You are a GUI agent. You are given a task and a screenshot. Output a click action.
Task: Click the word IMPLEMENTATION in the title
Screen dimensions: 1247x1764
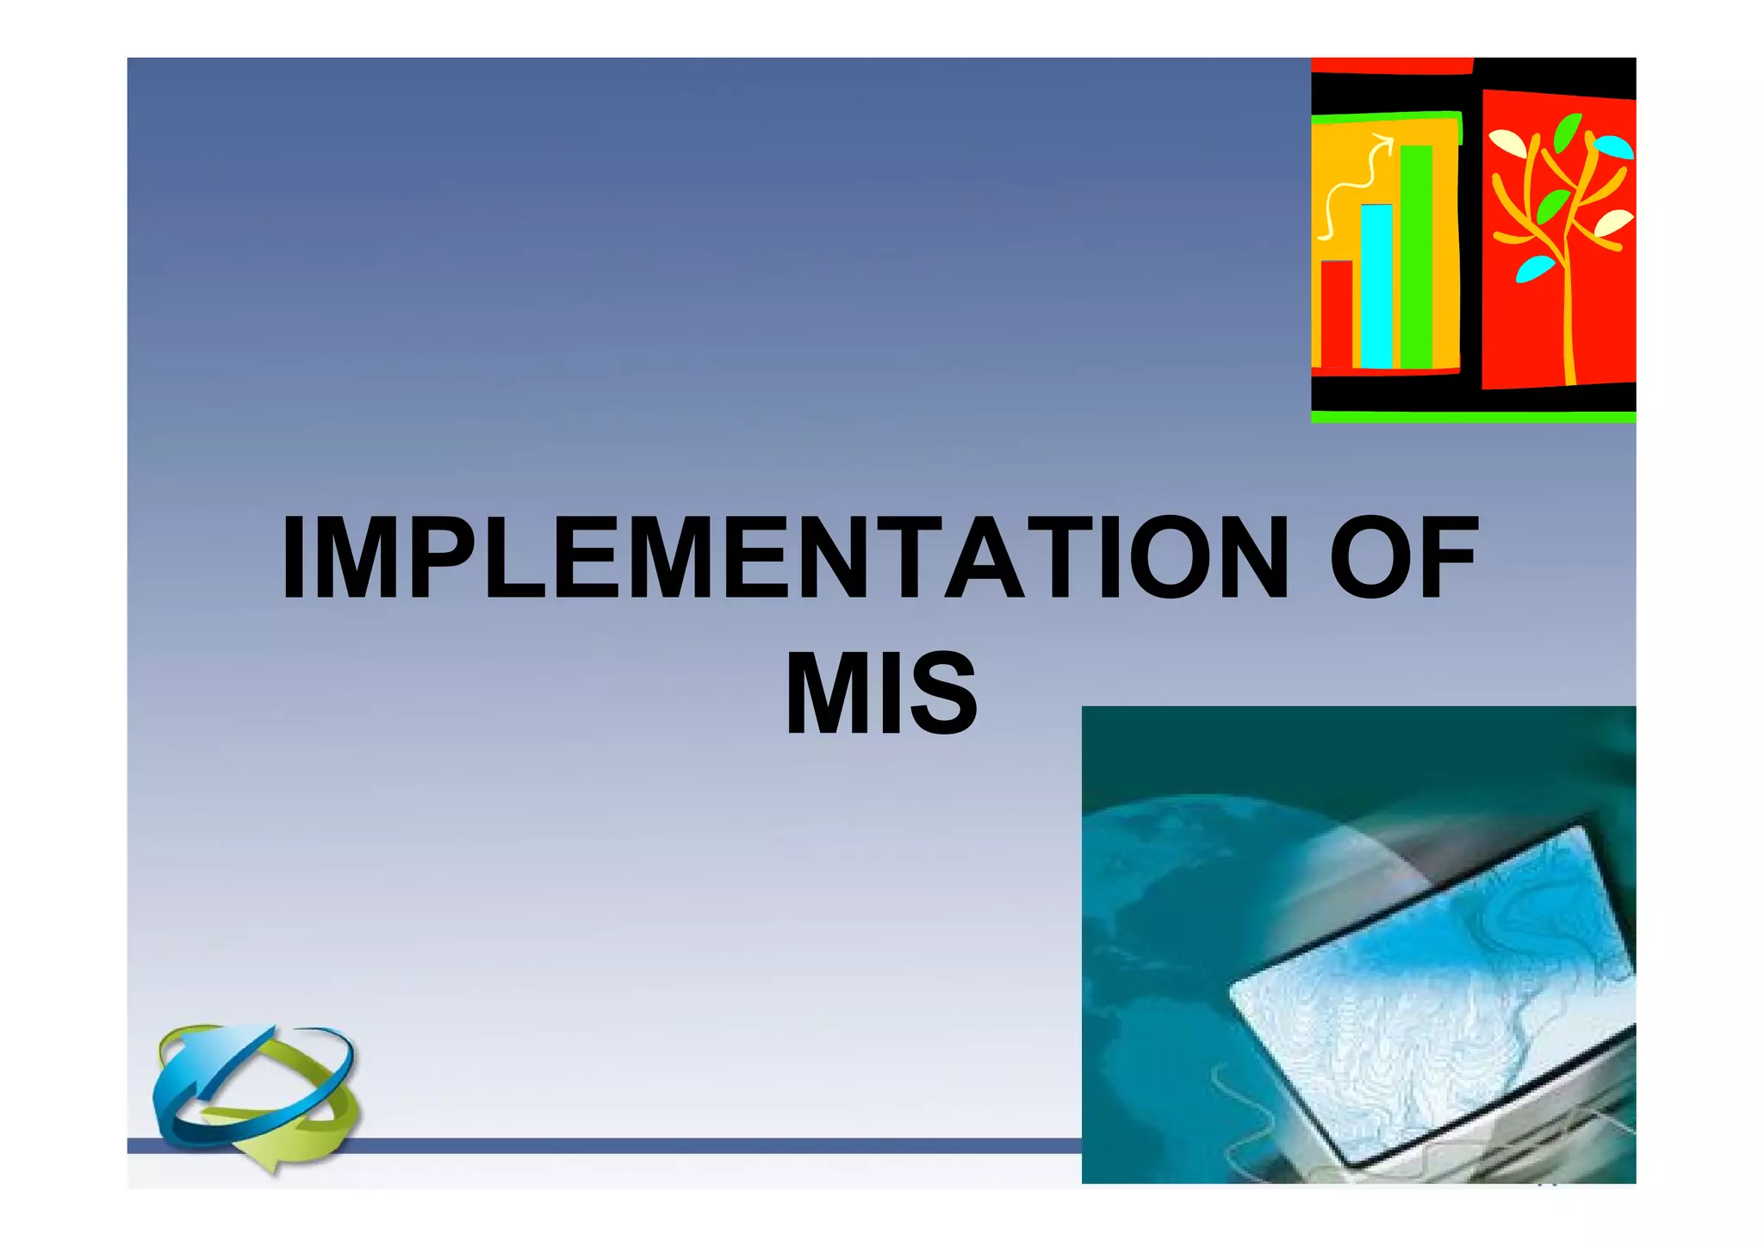pyautogui.click(x=784, y=558)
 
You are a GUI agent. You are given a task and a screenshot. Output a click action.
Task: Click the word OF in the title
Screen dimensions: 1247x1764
pyautogui.click(x=1403, y=558)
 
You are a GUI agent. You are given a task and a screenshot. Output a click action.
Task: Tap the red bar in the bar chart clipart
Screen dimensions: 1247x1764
pyautogui.click(x=1337, y=314)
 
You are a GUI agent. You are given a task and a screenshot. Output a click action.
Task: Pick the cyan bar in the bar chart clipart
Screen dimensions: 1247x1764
pyautogui.click(x=1376, y=287)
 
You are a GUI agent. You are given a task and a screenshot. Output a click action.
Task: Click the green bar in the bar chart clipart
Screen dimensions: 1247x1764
pyautogui.click(x=1416, y=257)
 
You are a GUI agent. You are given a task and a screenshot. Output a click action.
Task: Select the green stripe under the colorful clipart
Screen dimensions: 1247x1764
pyautogui.click(x=1473, y=418)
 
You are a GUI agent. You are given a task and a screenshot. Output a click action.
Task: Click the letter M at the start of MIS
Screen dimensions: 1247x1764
pyautogui.click(x=827, y=694)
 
